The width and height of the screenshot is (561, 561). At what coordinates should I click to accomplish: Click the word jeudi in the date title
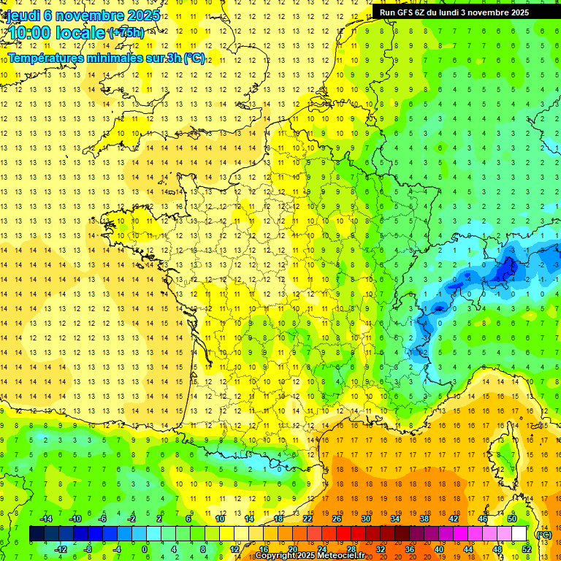coord(23,15)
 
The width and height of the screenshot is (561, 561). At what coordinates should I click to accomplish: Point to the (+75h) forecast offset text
coord(126,33)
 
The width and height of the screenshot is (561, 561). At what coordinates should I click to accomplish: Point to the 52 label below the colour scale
coord(526,549)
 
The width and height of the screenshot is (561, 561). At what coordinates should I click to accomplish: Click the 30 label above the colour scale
coord(365,519)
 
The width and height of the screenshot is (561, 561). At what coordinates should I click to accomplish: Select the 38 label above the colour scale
coord(424,519)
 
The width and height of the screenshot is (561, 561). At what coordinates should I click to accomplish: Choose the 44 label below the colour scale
coord(467,549)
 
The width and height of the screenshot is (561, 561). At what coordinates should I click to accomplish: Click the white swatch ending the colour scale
coord(519,534)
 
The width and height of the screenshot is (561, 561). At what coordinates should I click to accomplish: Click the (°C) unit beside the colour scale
coord(543,534)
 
